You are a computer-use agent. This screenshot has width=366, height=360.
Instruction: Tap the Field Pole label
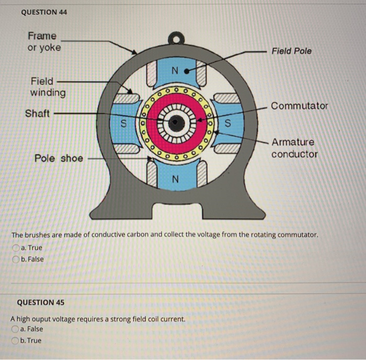click(291, 51)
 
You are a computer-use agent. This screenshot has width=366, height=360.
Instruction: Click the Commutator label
click(300, 106)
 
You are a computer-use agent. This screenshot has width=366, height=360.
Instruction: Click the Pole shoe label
click(59, 158)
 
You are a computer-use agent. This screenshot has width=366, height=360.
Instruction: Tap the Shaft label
click(37, 113)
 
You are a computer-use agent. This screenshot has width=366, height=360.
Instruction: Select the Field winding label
click(48, 87)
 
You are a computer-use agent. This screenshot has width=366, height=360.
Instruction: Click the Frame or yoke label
click(44, 42)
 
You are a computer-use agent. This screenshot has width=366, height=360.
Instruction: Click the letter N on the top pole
click(175, 71)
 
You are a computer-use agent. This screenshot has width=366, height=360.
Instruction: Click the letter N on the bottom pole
click(175, 179)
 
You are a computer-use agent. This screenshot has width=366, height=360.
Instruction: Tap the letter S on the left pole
click(123, 125)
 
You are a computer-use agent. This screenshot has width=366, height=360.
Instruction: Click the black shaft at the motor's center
click(176, 123)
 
